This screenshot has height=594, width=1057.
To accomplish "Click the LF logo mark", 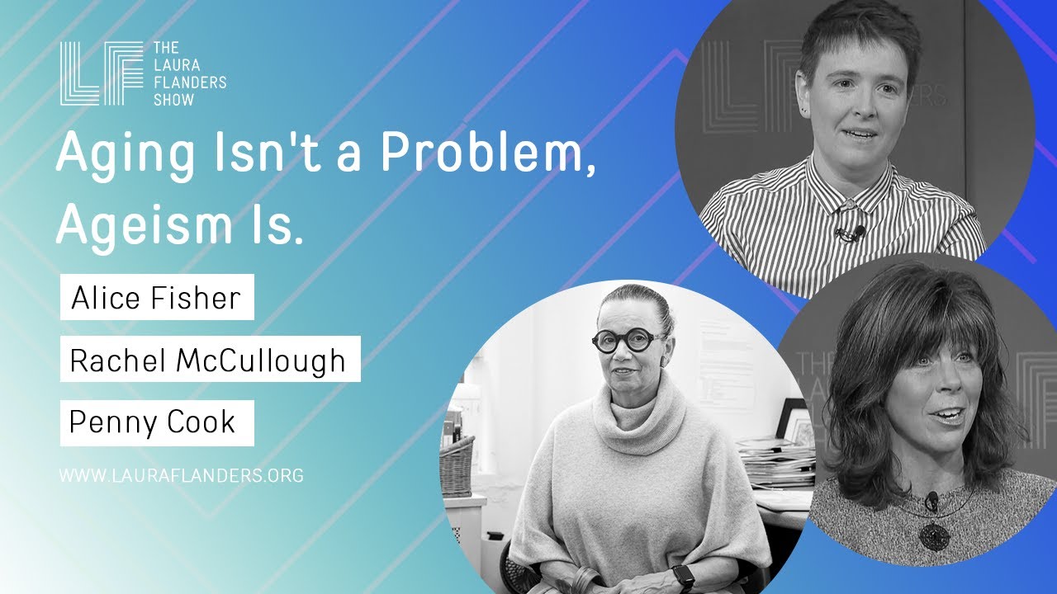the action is point(102,73).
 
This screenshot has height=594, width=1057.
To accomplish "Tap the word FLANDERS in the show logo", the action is point(190,82).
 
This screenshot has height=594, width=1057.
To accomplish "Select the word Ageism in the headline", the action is point(145,225).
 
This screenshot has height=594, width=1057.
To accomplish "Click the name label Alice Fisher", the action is point(157,297).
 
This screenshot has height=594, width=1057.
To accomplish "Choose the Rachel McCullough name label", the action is point(210,359).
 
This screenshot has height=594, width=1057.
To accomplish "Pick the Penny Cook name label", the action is point(157,423).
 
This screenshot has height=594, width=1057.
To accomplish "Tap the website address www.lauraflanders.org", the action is point(181,475).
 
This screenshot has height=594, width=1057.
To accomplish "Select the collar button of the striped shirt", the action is point(848,205).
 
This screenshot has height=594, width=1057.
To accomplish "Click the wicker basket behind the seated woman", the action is point(457,467).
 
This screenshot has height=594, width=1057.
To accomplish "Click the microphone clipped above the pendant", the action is point(931,501).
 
